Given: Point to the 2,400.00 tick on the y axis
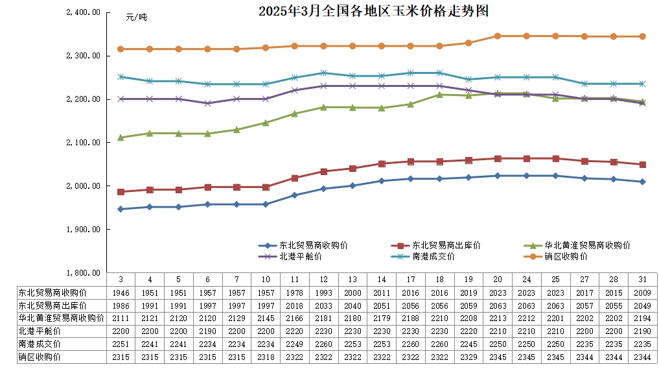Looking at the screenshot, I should pos(84,12).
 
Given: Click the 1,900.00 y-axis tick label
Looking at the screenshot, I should pos(84,230).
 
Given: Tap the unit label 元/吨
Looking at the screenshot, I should pos(136,17).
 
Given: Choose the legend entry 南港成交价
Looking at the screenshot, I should pos(434,257).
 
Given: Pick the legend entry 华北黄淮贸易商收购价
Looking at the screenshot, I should pos(587,246).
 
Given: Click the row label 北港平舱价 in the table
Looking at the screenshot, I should pos(38,331).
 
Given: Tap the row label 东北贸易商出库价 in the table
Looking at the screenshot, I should pos(51,305).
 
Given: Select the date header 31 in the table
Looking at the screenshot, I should pos(642,280).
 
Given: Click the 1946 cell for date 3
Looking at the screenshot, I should pos(121,293).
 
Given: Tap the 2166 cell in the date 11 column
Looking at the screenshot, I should pos(294,318).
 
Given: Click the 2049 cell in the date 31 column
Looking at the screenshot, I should pos(642,305).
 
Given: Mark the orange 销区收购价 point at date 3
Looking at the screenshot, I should pos(121,49).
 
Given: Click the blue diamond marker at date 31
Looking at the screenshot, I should pos(642,182).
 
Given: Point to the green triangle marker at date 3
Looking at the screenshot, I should pos(121,138).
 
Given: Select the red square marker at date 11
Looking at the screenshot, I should pos(294,178).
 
